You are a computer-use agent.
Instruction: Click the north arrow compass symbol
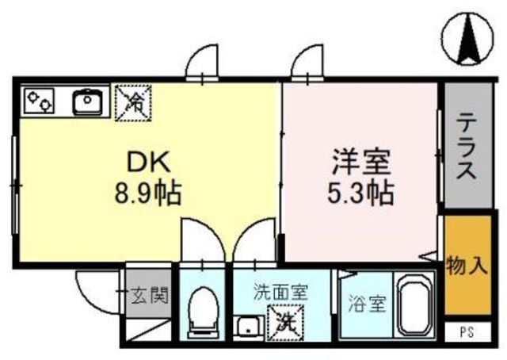click(x=468, y=40)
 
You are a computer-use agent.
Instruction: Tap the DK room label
click(x=148, y=163)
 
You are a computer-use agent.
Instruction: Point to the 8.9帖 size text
click(x=148, y=193)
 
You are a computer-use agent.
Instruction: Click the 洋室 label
click(x=361, y=162)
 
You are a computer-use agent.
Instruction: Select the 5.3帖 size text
click(x=360, y=193)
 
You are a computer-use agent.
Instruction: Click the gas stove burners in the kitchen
click(x=39, y=101)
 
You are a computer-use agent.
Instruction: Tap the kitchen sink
click(x=87, y=101)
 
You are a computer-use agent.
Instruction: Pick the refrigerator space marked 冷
click(x=133, y=103)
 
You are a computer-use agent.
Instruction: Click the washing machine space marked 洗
click(x=285, y=322)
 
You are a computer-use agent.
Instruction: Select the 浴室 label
click(x=368, y=304)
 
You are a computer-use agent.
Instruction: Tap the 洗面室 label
click(x=280, y=292)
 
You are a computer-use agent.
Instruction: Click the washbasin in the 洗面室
click(x=248, y=327)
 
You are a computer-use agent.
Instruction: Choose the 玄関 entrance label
click(x=150, y=295)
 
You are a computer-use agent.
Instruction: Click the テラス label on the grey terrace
click(x=467, y=146)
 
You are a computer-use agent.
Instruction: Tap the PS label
click(x=467, y=332)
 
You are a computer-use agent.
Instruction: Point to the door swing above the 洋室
click(x=307, y=62)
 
